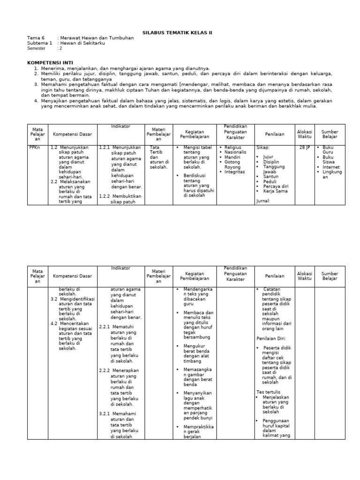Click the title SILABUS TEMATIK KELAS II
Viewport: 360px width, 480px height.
pyautogui.click(x=177, y=33)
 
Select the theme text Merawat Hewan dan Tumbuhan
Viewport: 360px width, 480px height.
pyautogui.click(x=95, y=38)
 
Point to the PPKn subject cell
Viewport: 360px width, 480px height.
pyautogui.click(x=34, y=147)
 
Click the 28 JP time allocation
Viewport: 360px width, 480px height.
pyautogui.click(x=304, y=147)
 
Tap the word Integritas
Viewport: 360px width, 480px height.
pyautogui.click(x=234, y=172)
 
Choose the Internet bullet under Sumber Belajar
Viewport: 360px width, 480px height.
pyautogui.click(x=331, y=167)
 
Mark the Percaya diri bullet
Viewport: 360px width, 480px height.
pyautogui.click(x=275, y=187)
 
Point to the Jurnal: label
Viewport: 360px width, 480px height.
pyautogui.click(x=264, y=201)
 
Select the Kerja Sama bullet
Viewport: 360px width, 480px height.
pyautogui.click(x=275, y=192)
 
